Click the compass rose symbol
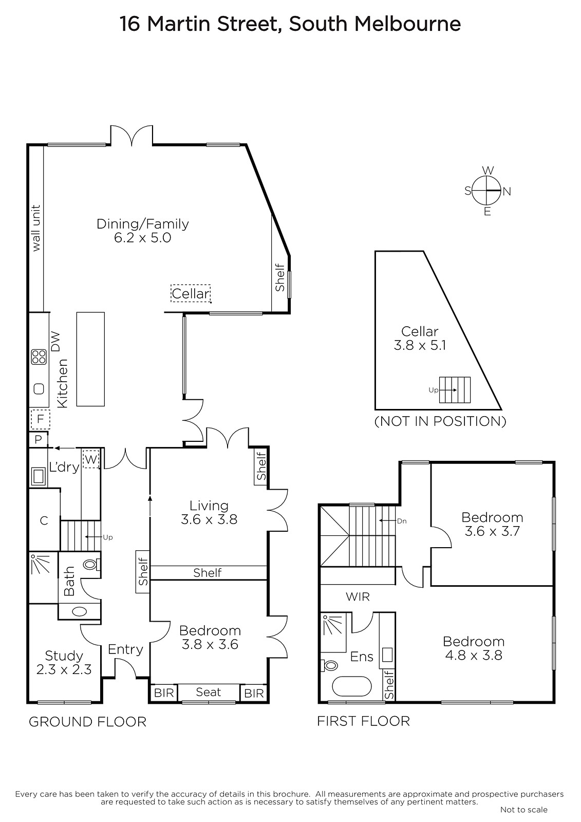coord(486,191)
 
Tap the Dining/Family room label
coord(142,231)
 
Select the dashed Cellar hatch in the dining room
coord(191,293)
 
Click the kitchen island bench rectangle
coord(90,359)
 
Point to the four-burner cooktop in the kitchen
coord(39,357)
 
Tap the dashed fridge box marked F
coord(41,419)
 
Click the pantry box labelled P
coord(38,439)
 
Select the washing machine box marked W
coord(91,459)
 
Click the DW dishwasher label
coord(55,342)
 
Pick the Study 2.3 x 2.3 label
coord(64,662)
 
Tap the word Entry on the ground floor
coord(125,649)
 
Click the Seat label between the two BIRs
coord(208,692)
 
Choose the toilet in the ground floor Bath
coord(92,564)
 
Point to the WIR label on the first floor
coord(358,596)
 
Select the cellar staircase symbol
coord(455,390)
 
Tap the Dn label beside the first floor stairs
coord(402,521)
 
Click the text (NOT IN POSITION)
coord(440,421)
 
